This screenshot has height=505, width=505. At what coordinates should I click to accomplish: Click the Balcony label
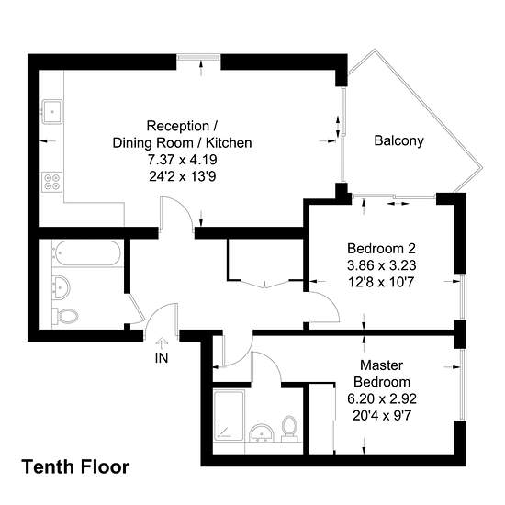(x=398, y=141)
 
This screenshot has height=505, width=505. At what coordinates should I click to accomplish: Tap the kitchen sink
(x=52, y=111)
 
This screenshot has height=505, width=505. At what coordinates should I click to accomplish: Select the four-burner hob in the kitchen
(x=52, y=182)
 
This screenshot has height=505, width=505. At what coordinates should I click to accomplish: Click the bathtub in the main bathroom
(x=87, y=253)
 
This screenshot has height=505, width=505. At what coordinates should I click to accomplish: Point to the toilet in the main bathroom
(x=65, y=316)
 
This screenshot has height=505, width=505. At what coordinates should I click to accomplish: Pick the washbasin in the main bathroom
(x=61, y=286)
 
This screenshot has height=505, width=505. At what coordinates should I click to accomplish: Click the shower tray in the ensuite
(x=229, y=415)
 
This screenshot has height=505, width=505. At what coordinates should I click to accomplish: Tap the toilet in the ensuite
(x=289, y=429)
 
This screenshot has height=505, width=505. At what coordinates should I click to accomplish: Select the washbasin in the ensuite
(x=262, y=433)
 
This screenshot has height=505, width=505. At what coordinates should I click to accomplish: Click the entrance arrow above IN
(x=162, y=343)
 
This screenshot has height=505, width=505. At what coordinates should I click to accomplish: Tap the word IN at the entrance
(x=162, y=358)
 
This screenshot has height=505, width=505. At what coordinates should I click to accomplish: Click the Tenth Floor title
(x=75, y=466)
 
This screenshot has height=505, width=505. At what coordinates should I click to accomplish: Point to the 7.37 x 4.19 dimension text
(x=183, y=160)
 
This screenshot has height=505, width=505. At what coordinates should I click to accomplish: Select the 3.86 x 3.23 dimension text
(x=382, y=265)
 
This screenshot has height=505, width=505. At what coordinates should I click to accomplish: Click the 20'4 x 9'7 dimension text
(x=382, y=416)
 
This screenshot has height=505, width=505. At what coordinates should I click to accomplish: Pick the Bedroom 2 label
(x=382, y=249)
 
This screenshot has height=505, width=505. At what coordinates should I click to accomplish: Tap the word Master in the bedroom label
(x=382, y=365)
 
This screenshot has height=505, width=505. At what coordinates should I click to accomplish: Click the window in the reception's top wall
(x=198, y=57)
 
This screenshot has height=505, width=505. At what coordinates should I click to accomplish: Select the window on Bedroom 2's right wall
(x=463, y=297)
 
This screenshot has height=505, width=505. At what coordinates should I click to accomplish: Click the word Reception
(x=178, y=126)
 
